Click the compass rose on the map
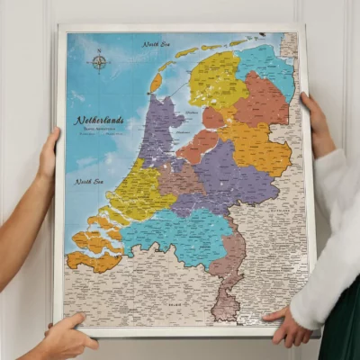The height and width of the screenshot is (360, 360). pos(98,62)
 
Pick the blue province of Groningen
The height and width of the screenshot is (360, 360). pos(267,67)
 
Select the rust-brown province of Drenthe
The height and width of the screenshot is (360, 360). pos(263,102)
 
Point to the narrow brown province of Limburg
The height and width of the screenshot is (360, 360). pos(228,274)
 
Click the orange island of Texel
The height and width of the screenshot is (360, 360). pos(156,83)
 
